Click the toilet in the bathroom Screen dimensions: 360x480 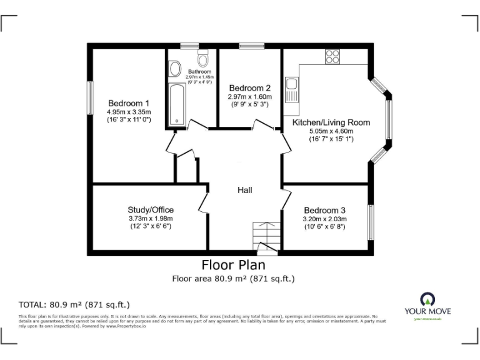[202, 59]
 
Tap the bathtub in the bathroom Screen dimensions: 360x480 [176, 104]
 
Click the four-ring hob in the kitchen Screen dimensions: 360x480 [332, 56]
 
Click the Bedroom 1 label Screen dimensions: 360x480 [129, 103]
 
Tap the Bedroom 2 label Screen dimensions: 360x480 [249, 87]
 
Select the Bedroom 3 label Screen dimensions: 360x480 [324, 210]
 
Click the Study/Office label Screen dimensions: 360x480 [151, 209]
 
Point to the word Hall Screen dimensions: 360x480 [244, 190]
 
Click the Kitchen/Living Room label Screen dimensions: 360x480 [331, 122]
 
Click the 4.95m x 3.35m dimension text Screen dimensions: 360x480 [129, 112]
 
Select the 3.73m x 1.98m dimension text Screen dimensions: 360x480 [151, 218]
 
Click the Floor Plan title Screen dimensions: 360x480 [233, 265]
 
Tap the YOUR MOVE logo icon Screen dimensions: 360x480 [427, 298]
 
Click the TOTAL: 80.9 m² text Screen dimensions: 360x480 [74, 305]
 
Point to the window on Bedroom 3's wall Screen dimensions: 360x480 [371, 222]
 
